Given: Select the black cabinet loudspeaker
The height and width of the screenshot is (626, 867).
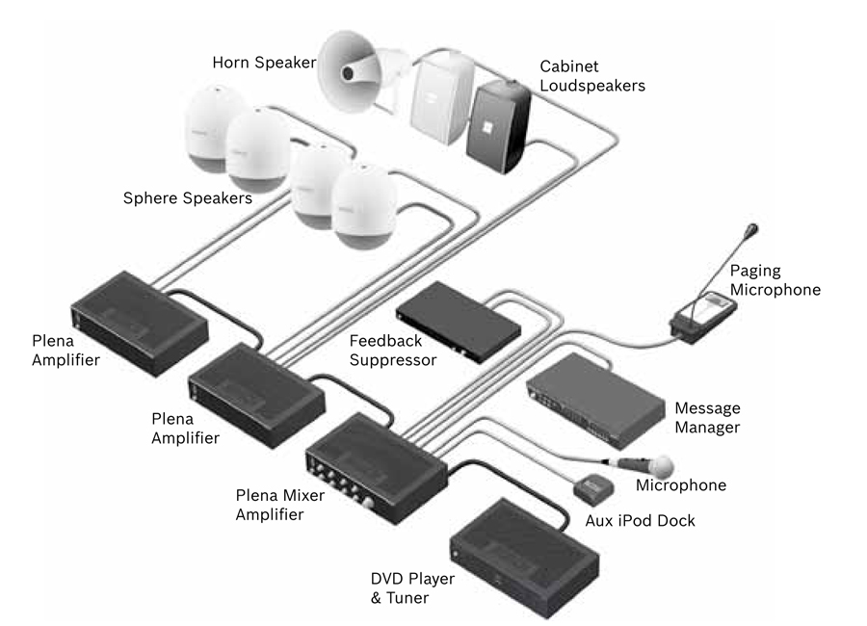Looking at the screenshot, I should coord(498,125).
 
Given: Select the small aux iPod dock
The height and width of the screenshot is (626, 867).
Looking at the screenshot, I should coord(592,486).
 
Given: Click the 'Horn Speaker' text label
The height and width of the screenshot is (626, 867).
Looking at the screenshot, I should coord(264,63).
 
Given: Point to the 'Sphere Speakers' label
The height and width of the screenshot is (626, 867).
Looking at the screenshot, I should coord(187,199).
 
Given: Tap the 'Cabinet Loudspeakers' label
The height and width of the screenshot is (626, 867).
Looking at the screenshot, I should coord(591,76).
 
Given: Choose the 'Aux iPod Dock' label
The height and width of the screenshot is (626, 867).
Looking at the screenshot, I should coord(641,521).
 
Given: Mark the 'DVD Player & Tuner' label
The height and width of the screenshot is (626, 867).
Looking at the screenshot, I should coord(412,588).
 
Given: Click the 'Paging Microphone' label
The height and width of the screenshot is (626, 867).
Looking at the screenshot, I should coord(775,278).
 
